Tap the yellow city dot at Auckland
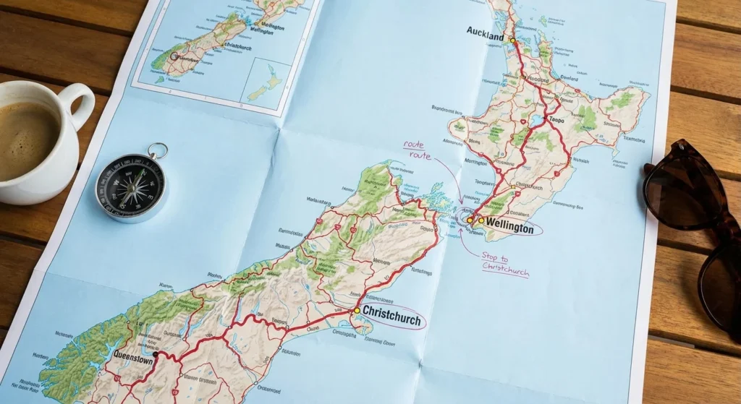513,40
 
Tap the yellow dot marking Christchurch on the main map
356,311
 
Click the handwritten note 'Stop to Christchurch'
505,265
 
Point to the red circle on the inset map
174,54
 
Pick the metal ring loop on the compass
157,151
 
